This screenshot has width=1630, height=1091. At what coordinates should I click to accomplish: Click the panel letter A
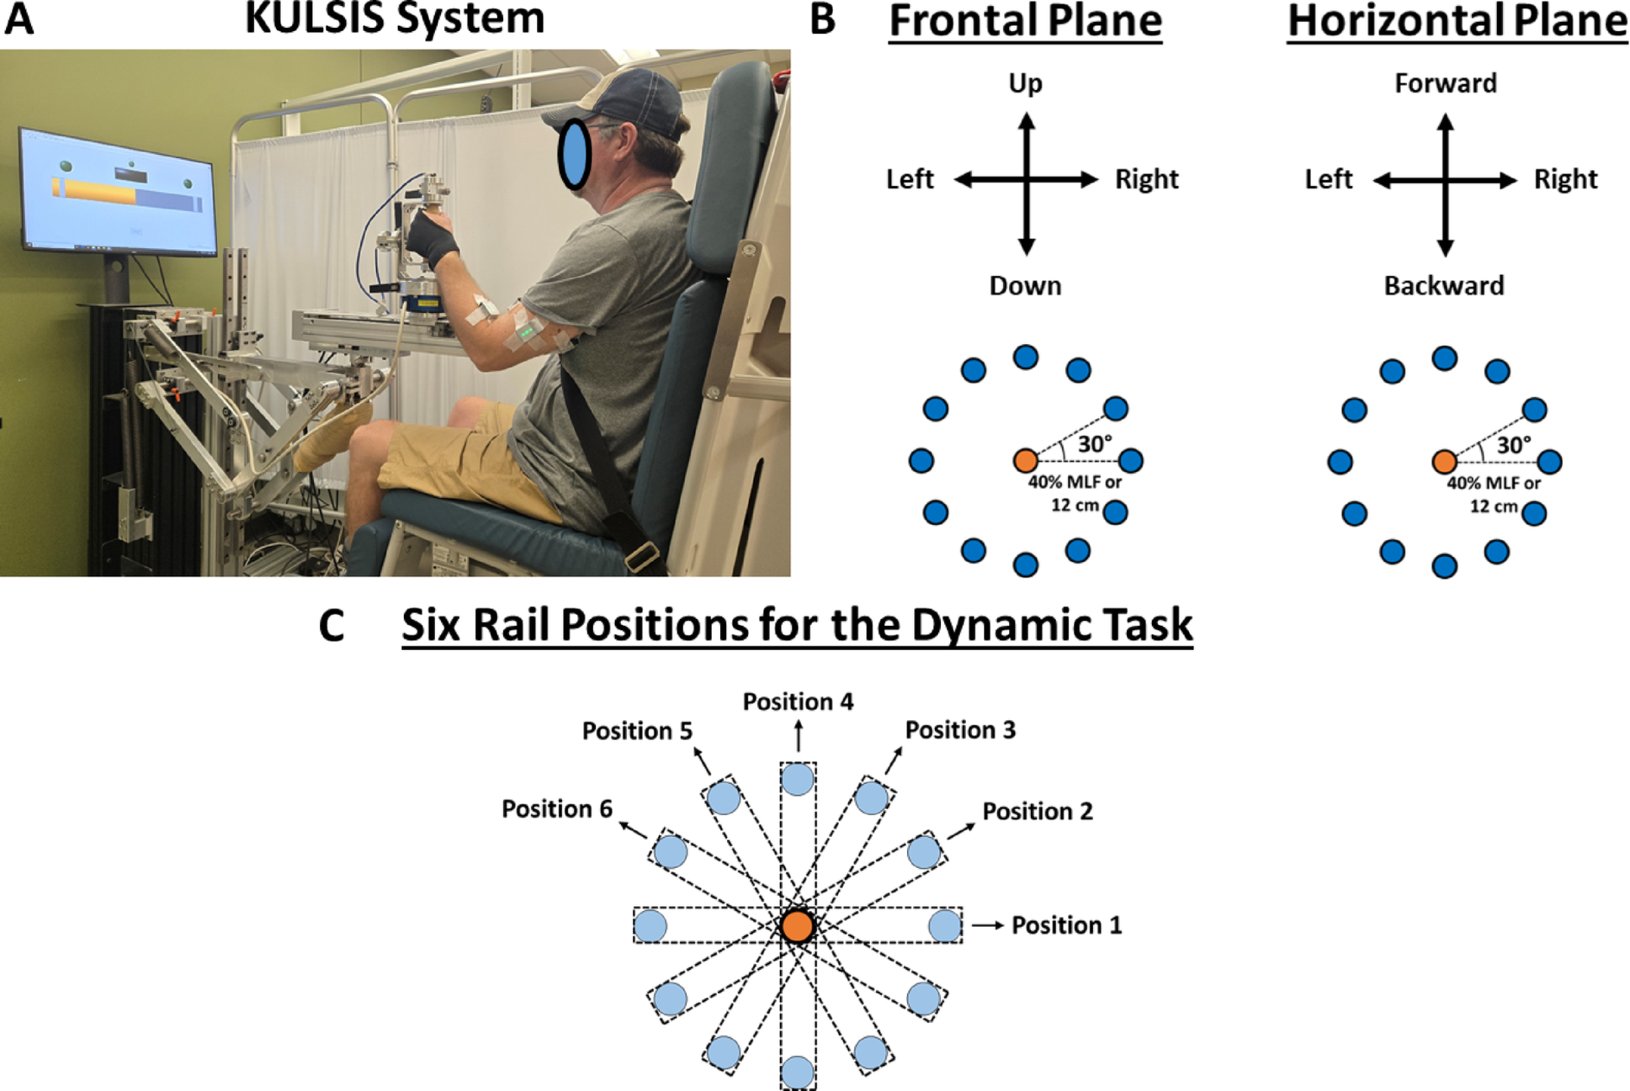[x=19, y=19]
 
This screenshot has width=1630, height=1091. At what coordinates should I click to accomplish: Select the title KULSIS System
[x=395, y=19]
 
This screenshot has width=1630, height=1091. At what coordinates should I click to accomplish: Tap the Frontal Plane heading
[x=1025, y=20]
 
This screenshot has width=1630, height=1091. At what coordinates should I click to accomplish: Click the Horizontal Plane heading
[x=1457, y=20]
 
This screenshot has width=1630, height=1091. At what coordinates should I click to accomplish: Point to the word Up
[x=1025, y=83]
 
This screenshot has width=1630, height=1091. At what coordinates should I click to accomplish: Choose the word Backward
[x=1444, y=286]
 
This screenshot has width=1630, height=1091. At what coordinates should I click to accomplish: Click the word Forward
[x=1446, y=83]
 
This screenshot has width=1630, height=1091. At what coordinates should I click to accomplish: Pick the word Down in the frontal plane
[x=1025, y=286]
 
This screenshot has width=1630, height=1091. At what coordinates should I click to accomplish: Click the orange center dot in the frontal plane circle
[x=1025, y=460]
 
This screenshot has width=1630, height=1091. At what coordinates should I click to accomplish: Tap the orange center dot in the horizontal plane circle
[x=1444, y=461]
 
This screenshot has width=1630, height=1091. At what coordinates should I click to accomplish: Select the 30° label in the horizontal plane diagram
[x=1514, y=445]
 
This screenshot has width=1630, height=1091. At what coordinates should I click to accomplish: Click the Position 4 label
[x=798, y=702]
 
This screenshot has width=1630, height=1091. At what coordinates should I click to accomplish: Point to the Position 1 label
[x=1066, y=925]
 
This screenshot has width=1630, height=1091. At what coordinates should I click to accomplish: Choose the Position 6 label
[x=556, y=809]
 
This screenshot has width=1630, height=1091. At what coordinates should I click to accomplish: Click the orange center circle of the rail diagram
[x=797, y=925]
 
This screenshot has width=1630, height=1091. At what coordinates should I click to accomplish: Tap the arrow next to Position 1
[x=988, y=925]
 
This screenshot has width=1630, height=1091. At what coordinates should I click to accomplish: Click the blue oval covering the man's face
[x=575, y=155]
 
